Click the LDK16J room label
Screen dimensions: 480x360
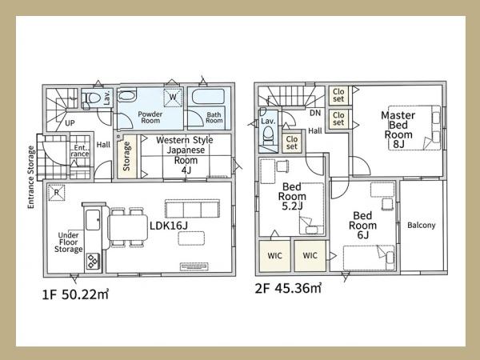(x=168, y=226)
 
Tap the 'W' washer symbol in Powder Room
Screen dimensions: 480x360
(x=173, y=98)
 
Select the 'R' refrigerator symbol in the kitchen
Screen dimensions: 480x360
(x=57, y=193)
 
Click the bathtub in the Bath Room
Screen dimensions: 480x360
(x=209, y=97)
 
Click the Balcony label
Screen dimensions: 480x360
(x=422, y=226)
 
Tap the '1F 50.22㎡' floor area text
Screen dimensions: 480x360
(x=75, y=294)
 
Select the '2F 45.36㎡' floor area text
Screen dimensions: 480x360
(x=288, y=288)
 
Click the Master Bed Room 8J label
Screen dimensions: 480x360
(x=398, y=130)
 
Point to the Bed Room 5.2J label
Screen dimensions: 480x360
(x=292, y=196)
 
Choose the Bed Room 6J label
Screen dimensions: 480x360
(x=362, y=226)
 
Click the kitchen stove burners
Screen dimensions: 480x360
(x=93, y=262)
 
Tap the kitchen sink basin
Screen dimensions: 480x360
(x=93, y=220)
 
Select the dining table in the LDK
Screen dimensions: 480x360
(x=128, y=227)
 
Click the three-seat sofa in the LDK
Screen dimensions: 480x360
(x=192, y=209)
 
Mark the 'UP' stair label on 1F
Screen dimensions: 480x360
(x=70, y=123)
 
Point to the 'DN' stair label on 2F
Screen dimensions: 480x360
(x=315, y=113)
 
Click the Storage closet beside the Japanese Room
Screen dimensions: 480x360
(x=126, y=157)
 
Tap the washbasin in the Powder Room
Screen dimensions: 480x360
(x=126, y=96)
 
